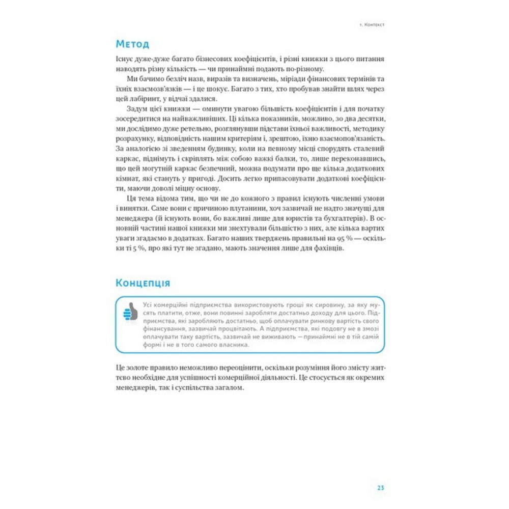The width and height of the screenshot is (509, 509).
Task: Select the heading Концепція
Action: click(x=143, y=282)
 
